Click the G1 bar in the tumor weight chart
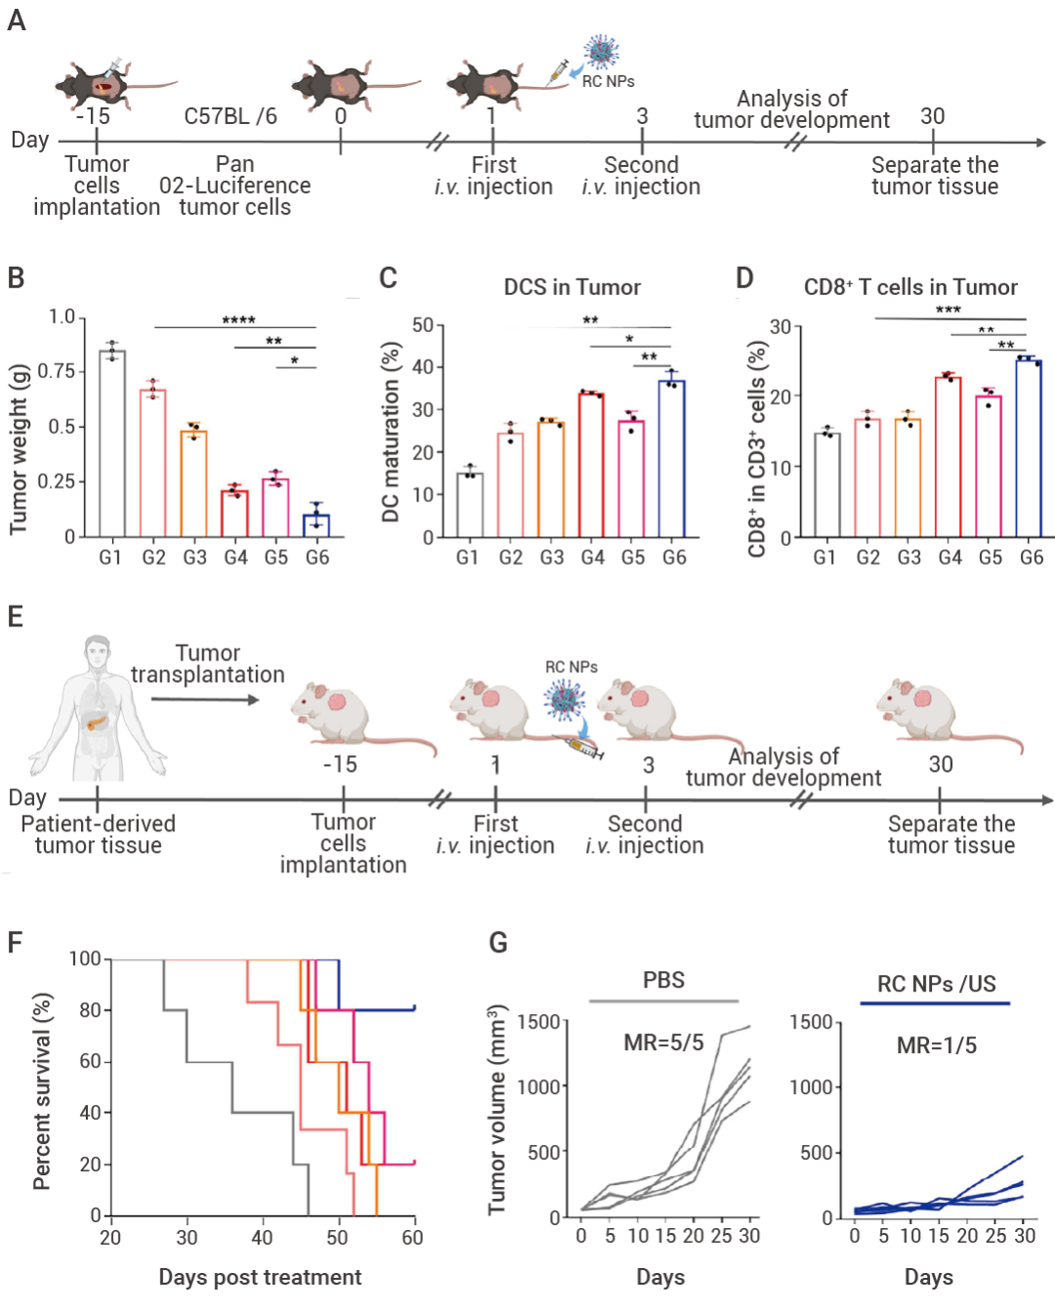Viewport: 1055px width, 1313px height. click(x=111, y=445)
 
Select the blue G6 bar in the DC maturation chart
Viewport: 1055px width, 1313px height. click(x=671, y=459)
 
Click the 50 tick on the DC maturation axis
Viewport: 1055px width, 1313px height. click(x=422, y=325)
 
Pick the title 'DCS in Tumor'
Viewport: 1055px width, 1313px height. click(x=571, y=287)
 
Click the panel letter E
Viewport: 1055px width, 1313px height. click(x=16, y=616)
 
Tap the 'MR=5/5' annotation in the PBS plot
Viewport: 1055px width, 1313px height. click(x=663, y=1042)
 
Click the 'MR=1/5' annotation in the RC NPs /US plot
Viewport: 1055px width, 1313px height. click(x=936, y=1045)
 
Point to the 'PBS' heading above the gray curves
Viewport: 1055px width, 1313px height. click(x=663, y=980)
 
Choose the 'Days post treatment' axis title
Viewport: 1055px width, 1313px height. click(x=260, y=1277)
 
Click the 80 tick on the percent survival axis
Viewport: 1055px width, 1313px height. click(x=90, y=1010)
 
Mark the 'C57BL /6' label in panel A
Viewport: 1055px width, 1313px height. click(x=231, y=116)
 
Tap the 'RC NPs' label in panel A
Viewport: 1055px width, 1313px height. click(x=608, y=82)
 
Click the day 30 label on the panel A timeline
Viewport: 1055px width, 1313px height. click(x=932, y=116)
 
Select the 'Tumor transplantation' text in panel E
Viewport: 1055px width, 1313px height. click(x=207, y=664)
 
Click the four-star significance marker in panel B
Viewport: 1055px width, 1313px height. click(x=238, y=320)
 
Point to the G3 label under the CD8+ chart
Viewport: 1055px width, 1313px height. click(x=908, y=557)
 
